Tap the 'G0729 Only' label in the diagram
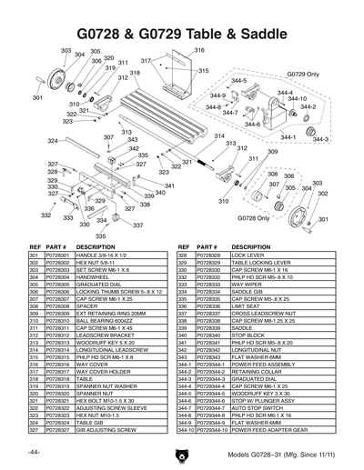302,73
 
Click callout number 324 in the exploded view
53,140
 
